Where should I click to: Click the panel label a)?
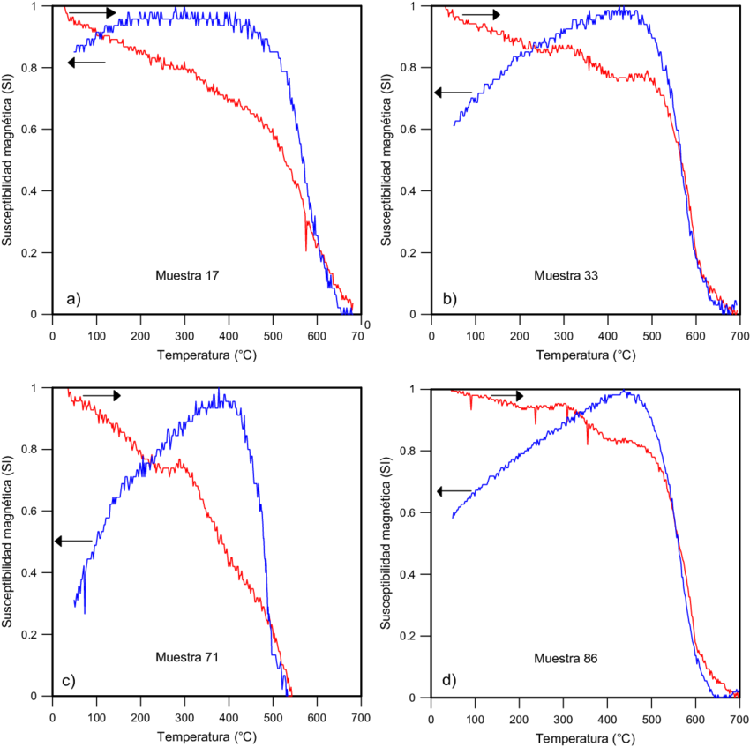73,298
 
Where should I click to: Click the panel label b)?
449,298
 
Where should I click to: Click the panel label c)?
73,680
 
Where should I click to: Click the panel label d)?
449,680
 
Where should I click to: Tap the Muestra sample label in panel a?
187,276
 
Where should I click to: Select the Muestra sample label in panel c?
186,658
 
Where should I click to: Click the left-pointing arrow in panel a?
86,63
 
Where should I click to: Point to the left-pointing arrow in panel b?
454,92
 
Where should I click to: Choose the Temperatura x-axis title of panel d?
585,736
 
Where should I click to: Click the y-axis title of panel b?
387,159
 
